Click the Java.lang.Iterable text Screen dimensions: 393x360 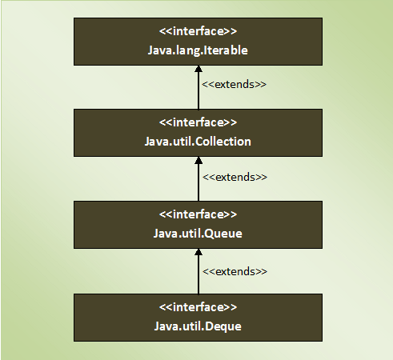(198, 50)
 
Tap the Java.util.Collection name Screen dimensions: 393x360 (198, 142)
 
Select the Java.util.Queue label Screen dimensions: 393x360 (198, 234)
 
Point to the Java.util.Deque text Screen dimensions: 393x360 (198, 326)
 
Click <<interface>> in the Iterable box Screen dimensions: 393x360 (198, 31)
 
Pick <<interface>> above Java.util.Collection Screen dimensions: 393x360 (198, 122)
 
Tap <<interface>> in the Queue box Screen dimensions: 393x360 (198, 214)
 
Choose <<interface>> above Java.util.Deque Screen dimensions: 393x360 (198, 307)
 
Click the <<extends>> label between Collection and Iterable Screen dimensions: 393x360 (234, 84)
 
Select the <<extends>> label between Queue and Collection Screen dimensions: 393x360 (235, 177)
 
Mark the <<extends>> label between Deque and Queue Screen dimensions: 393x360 (235, 271)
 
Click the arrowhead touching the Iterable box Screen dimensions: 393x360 (199, 69)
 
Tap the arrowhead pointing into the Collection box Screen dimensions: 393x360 (199, 160)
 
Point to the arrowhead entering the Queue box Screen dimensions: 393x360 (199, 252)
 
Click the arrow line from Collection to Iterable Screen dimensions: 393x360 (199, 87)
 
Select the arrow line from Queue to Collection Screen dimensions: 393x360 (199, 179)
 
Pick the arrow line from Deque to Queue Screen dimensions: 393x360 (199, 271)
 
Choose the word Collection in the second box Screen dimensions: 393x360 (223, 142)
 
